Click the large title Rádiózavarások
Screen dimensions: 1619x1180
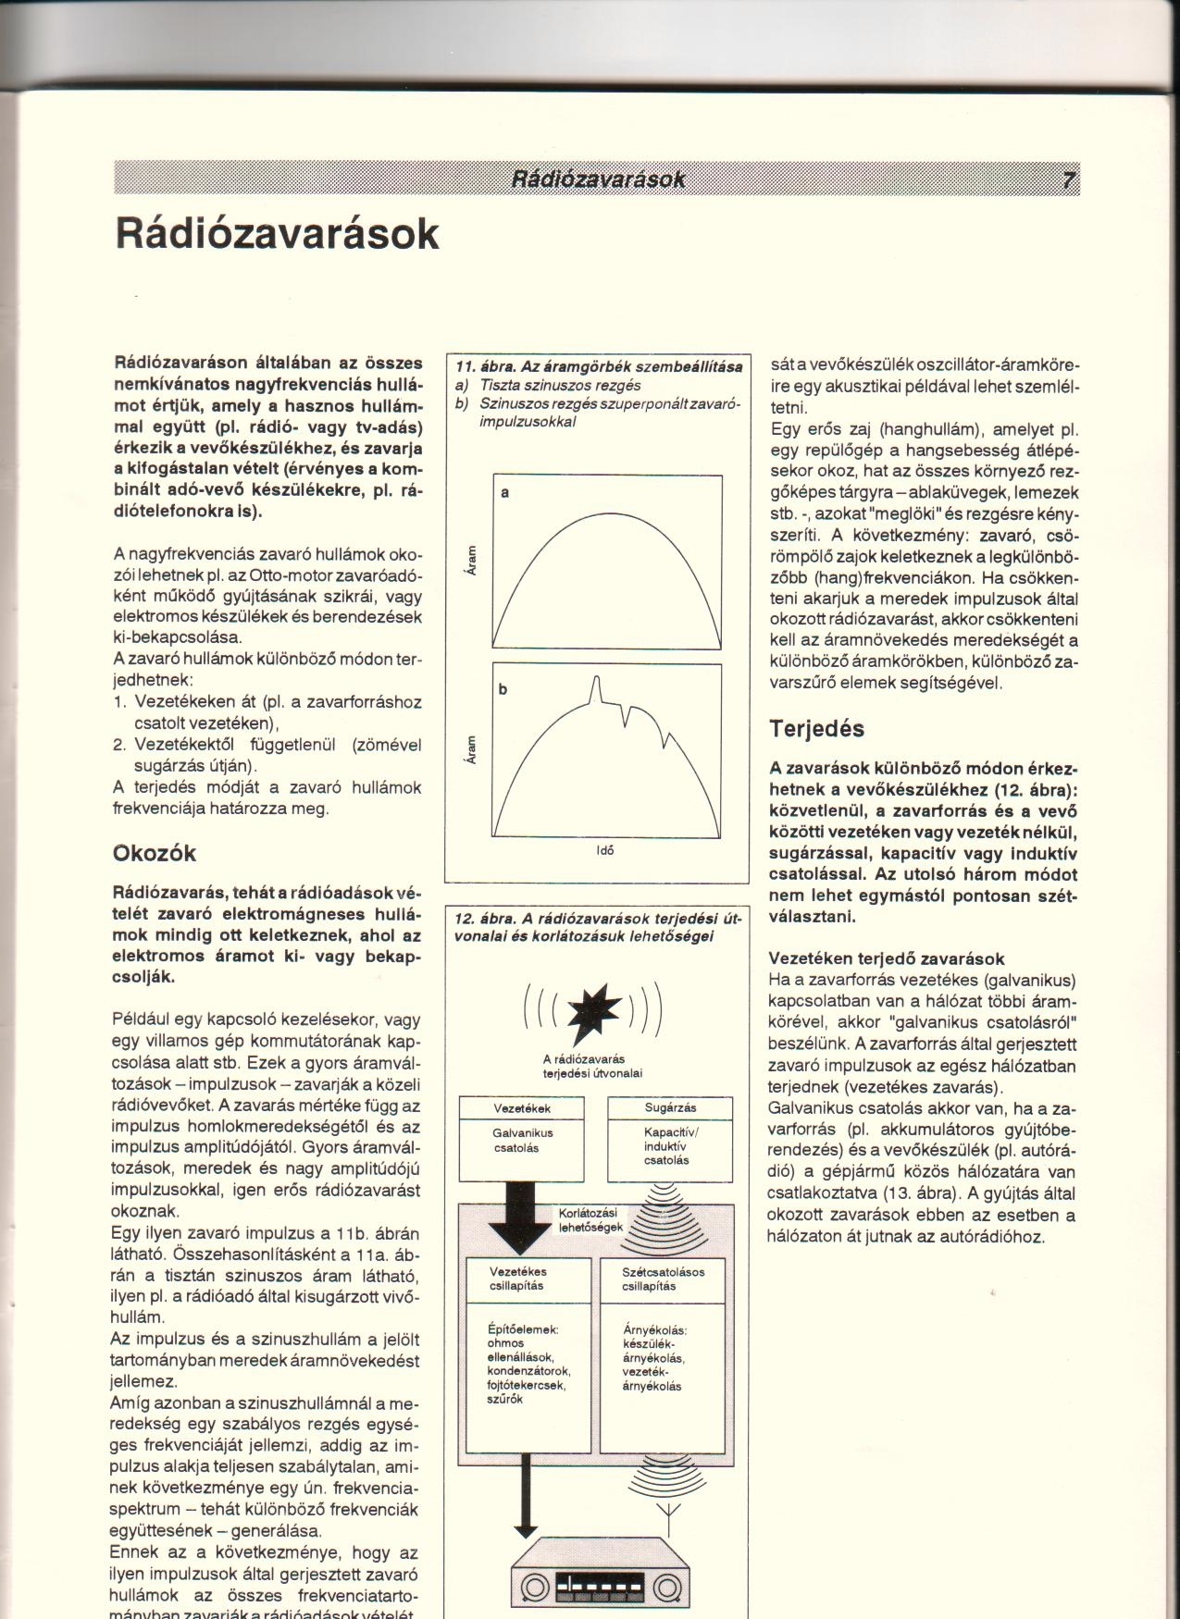point(277,233)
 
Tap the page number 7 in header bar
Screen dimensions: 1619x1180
point(1068,179)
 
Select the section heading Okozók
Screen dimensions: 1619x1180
point(154,852)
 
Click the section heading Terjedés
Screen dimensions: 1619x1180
point(817,728)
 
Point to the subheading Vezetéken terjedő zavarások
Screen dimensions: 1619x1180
point(887,958)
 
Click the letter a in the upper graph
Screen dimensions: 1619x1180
point(505,493)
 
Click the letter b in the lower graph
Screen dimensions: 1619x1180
point(505,689)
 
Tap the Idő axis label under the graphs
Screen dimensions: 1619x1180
point(607,850)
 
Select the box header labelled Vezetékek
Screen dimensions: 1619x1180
point(522,1107)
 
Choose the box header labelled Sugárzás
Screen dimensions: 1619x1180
point(670,1107)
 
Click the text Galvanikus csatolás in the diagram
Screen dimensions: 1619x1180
point(522,1140)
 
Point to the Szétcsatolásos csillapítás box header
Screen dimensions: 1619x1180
point(663,1279)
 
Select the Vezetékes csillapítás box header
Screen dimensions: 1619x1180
point(517,1279)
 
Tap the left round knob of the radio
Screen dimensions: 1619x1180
point(534,1588)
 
